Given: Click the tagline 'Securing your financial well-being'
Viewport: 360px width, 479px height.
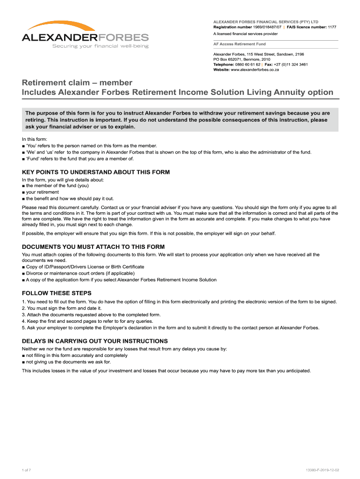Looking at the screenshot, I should click(100, 46).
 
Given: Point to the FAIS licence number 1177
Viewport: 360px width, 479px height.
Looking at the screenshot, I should click(331, 27).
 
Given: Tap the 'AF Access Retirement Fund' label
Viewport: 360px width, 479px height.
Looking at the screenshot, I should click(239, 44).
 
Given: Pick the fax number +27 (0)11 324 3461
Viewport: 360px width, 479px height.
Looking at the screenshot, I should click(291, 65).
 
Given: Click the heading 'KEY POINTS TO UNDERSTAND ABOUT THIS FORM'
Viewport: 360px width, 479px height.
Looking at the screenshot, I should click(96, 172).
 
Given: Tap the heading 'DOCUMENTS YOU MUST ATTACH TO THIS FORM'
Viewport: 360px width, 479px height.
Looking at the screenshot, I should click(93, 247).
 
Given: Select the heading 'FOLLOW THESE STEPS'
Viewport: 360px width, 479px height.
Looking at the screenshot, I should click(57, 293).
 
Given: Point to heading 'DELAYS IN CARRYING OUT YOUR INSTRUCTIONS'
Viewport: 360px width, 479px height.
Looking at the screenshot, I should click(94, 341).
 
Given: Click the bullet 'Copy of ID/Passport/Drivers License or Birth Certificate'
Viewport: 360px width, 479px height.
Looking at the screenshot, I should click(85, 267).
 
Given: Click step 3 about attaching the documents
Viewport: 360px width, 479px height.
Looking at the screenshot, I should click(91, 315).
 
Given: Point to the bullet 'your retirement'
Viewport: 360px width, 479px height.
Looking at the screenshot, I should click(42, 192).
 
